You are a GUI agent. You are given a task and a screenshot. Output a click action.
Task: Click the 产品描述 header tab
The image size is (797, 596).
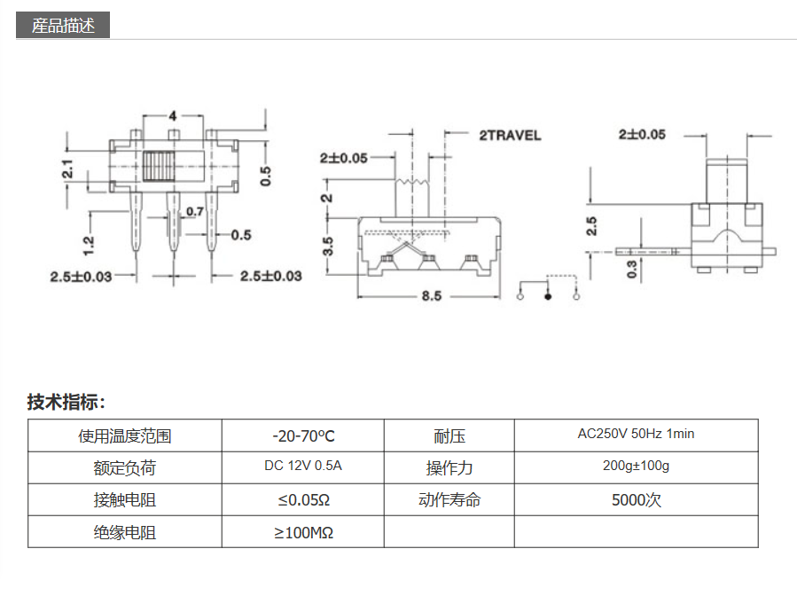pyautogui.click(x=63, y=26)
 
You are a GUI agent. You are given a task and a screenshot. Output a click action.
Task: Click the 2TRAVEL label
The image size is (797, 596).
pyautogui.click(x=509, y=136)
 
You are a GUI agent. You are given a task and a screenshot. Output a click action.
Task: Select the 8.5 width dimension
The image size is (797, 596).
pyautogui.click(x=431, y=296)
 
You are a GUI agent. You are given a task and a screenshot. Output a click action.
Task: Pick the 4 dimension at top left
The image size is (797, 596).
pyautogui.click(x=173, y=116)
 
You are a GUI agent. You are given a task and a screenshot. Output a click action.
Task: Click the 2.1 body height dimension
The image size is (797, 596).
pyautogui.click(x=67, y=169)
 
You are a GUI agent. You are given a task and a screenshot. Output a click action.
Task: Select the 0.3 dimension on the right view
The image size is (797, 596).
pyautogui.click(x=633, y=269)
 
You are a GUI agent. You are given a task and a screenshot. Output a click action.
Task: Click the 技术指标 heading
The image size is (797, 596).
pyautogui.click(x=66, y=403)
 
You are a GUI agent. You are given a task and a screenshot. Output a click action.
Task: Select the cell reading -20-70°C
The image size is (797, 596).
pyautogui.click(x=303, y=435)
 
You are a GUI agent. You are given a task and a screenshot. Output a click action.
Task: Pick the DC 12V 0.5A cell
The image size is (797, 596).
pyautogui.click(x=303, y=467)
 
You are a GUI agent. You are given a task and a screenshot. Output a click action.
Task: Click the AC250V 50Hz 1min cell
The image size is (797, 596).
pyautogui.click(x=636, y=435)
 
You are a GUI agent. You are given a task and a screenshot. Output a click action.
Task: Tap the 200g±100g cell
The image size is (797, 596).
pyautogui.click(x=636, y=467)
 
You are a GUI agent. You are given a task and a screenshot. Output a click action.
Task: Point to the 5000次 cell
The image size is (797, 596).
pyautogui.click(x=636, y=499)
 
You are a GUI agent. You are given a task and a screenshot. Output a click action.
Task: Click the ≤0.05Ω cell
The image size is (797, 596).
pyautogui.click(x=303, y=499)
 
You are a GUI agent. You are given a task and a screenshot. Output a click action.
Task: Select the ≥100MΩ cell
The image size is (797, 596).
pyautogui.click(x=303, y=532)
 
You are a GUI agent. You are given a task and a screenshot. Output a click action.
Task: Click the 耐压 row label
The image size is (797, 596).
pyautogui.click(x=449, y=435)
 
